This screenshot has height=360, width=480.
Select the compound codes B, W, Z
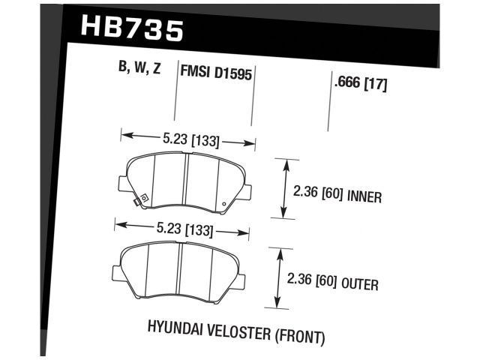click(139, 69)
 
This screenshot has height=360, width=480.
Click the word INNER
click(366, 198)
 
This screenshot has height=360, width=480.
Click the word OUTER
click(361, 284)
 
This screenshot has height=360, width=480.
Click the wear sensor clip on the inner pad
click(137, 200)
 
